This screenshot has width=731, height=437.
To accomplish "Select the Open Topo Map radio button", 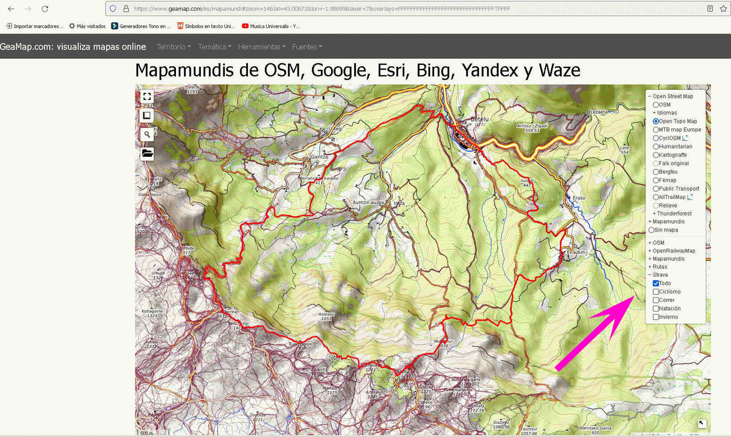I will click(x=656, y=122).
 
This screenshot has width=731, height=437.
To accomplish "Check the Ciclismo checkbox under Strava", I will click(x=656, y=292).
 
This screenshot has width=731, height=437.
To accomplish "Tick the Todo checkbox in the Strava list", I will click(x=656, y=284).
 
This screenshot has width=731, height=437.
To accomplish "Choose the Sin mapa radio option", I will click(x=652, y=230).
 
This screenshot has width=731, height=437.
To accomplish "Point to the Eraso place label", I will click(x=579, y=197).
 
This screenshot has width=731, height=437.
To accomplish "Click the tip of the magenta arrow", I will click(x=633, y=298).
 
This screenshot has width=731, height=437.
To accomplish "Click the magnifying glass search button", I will click(x=147, y=134).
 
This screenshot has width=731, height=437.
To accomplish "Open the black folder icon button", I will click(x=147, y=153).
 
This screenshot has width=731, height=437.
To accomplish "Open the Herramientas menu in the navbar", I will click(x=261, y=47).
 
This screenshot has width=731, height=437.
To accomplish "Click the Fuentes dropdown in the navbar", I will click(x=307, y=47).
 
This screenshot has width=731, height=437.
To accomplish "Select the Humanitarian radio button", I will click(x=656, y=147).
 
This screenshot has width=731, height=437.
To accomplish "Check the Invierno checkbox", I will click(x=656, y=317).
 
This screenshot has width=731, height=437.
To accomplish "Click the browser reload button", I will click(x=45, y=9).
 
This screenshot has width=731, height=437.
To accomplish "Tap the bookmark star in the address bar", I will click(x=724, y=9).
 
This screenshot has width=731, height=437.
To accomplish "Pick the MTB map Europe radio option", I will click(x=656, y=130).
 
